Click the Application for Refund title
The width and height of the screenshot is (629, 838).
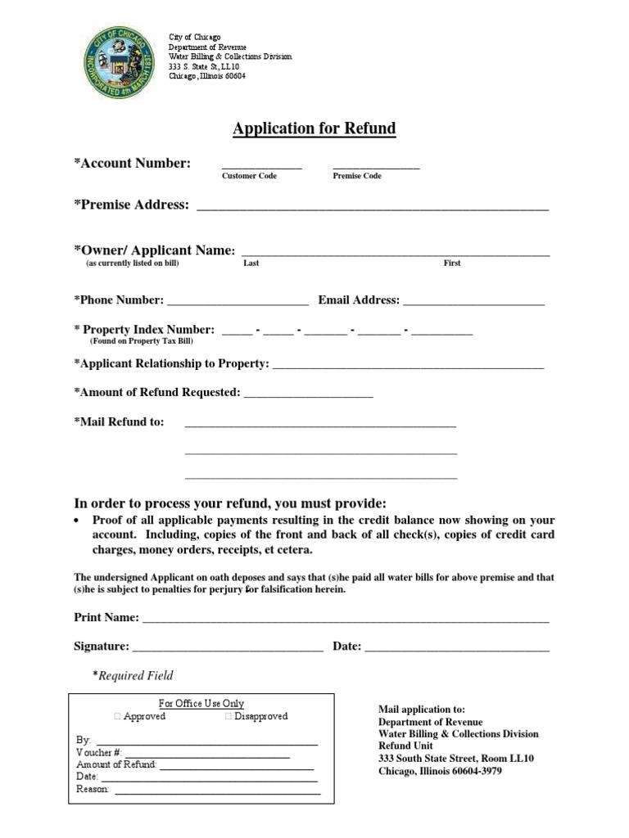(314, 128)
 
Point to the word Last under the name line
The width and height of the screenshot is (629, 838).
(251, 264)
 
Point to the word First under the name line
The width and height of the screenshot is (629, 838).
(452, 264)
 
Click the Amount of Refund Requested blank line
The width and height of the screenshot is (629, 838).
(308, 395)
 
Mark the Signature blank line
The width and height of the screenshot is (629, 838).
(228, 649)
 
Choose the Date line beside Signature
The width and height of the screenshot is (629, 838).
(457, 649)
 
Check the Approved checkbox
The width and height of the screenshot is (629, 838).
(118, 717)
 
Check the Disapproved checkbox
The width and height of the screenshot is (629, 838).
(229, 717)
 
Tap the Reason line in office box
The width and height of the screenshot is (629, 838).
(216, 791)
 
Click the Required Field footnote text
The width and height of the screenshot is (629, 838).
(133, 676)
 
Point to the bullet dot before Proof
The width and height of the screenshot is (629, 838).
(76, 520)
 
